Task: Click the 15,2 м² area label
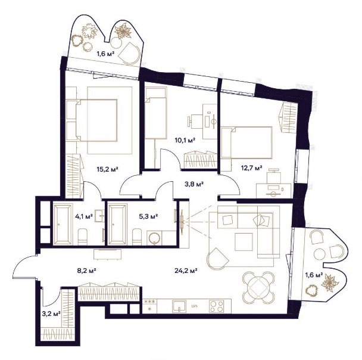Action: (107, 169)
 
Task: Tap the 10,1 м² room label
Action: (185, 140)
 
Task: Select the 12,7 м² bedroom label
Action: (252, 167)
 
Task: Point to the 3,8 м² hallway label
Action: (194, 184)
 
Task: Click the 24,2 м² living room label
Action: (186, 270)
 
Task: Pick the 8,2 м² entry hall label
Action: (86, 270)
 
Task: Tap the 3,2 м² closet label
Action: (51, 314)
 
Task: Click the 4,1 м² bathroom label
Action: (84, 216)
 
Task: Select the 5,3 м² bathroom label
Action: (148, 216)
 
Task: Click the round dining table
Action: (258, 287)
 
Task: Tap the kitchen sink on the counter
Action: (179, 306)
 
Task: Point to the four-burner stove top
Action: (216, 306)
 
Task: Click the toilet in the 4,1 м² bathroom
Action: (82, 237)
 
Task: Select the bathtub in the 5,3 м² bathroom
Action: (118, 224)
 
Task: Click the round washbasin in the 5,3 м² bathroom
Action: (154, 238)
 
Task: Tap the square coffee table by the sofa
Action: (244, 242)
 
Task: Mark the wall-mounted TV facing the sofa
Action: (182, 222)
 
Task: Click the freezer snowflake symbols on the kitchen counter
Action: (149, 302)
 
